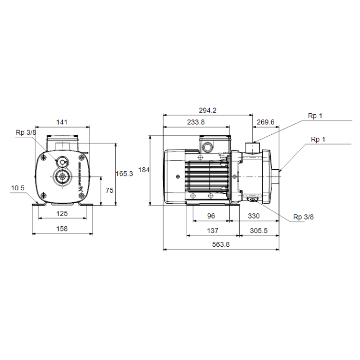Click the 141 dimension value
click(62, 122)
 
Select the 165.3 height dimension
click(124, 174)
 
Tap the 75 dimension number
click(109, 190)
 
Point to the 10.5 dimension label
click(18, 188)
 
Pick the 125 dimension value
click(62, 213)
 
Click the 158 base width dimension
click(62, 228)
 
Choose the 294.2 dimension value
click(208, 110)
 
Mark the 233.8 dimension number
click(195, 122)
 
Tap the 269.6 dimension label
click(265, 122)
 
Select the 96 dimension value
click(210, 217)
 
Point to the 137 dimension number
click(212, 231)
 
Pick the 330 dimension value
click(254, 217)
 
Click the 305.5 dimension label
click(259, 231)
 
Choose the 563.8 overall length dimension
click(221, 245)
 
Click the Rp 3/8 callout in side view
click(303, 217)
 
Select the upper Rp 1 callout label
click(315, 116)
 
